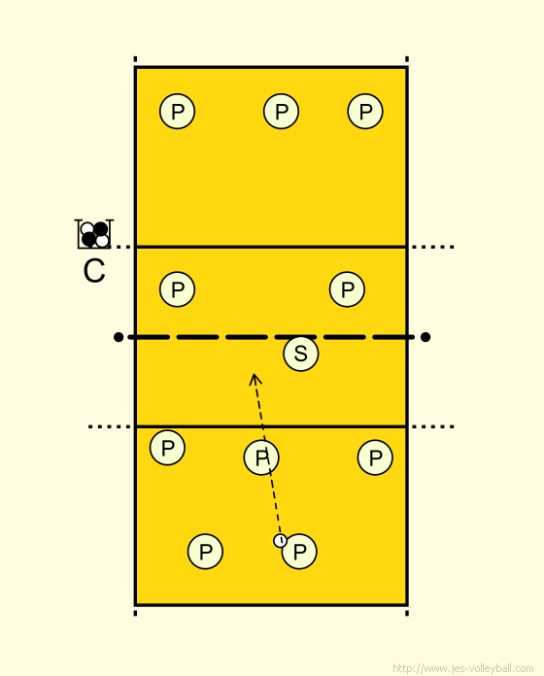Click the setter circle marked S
point(301,354)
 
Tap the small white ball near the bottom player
point(280,540)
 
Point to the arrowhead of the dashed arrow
point(255,378)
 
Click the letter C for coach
point(94,271)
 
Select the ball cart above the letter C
point(94,234)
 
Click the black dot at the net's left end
point(119,337)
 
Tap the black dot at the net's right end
point(425,337)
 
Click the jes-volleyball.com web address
point(463,668)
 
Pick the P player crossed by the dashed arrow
point(261,457)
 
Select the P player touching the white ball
point(299,552)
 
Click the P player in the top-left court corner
point(177,112)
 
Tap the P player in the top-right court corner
point(365,112)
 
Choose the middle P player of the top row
point(281,112)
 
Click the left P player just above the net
point(177,289)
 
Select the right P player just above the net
point(347,289)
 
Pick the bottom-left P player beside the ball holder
point(205,552)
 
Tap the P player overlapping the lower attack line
point(167,448)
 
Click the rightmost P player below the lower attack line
point(375,457)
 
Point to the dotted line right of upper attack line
point(432,247)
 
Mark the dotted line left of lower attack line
point(110,426)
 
